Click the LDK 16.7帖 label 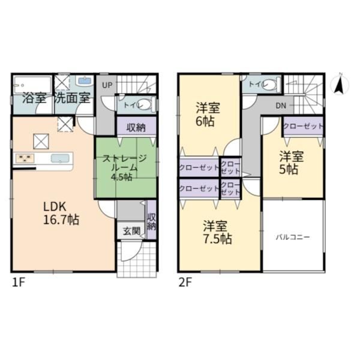61,213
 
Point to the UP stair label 107,85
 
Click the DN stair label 281,106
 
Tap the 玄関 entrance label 131,231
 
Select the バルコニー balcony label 293,237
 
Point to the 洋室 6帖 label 208,115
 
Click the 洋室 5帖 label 291,163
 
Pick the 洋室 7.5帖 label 217,232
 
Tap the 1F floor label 18,283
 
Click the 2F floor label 185,283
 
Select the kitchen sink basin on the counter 60,158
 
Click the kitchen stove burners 25,158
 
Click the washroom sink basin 85,80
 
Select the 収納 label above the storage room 136,128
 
